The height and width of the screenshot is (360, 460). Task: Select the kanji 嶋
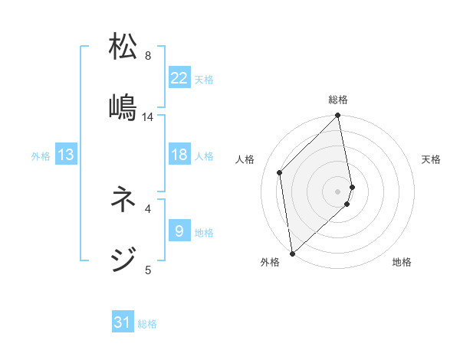click(x=123, y=106)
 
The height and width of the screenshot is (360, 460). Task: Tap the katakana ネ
click(x=123, y=200)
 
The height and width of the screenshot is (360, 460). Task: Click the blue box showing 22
click(x=179, y=78)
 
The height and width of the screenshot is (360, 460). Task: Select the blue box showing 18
click(x=179, y=155)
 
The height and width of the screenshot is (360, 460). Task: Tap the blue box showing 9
click(x=179, y=231)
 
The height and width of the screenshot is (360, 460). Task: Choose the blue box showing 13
click(x=66, y=155)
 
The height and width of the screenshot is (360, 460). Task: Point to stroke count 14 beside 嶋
click(x=148, y=117)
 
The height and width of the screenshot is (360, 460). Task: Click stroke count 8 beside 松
click(x=148, y=56)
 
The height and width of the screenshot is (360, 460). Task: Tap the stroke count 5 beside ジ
click(x=148, y=270)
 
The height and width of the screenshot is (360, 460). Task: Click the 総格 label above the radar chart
click(x=338, y=100)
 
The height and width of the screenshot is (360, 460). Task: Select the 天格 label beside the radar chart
click(x=432, y=159)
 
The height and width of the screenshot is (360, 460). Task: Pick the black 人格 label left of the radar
click(x=245, y=159)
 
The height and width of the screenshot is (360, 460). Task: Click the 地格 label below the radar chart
click(x=402, y=262)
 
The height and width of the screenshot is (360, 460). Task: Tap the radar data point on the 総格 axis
click(x=338, y=116)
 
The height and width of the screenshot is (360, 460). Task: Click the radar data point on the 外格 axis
click(x=292, y=253)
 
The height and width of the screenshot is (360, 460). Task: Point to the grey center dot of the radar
click(x=338, y=191)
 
